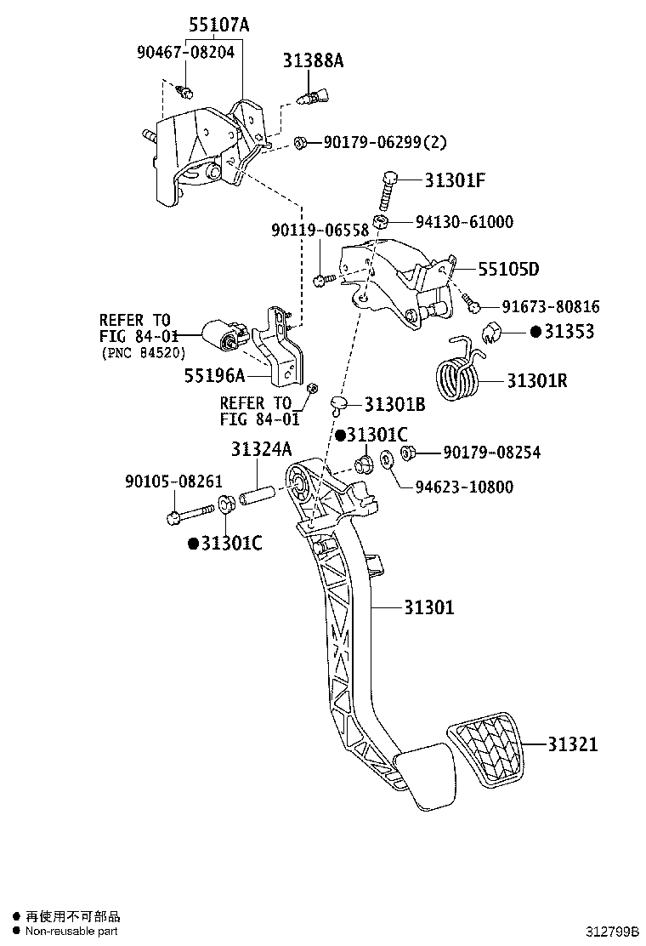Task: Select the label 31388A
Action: (x=314, y=60)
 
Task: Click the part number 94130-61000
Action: (x=464, y=222)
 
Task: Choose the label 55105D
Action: (x=508, y=270)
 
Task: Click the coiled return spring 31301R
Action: (x=456, y=373)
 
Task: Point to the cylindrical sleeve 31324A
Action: (x=256, y=493)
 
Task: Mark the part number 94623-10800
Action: (x=464, y=487)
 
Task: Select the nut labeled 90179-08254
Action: (x=406, y=453)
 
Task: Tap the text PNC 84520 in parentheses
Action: (x=144, y=352)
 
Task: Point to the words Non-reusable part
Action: (x=71, y=931)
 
